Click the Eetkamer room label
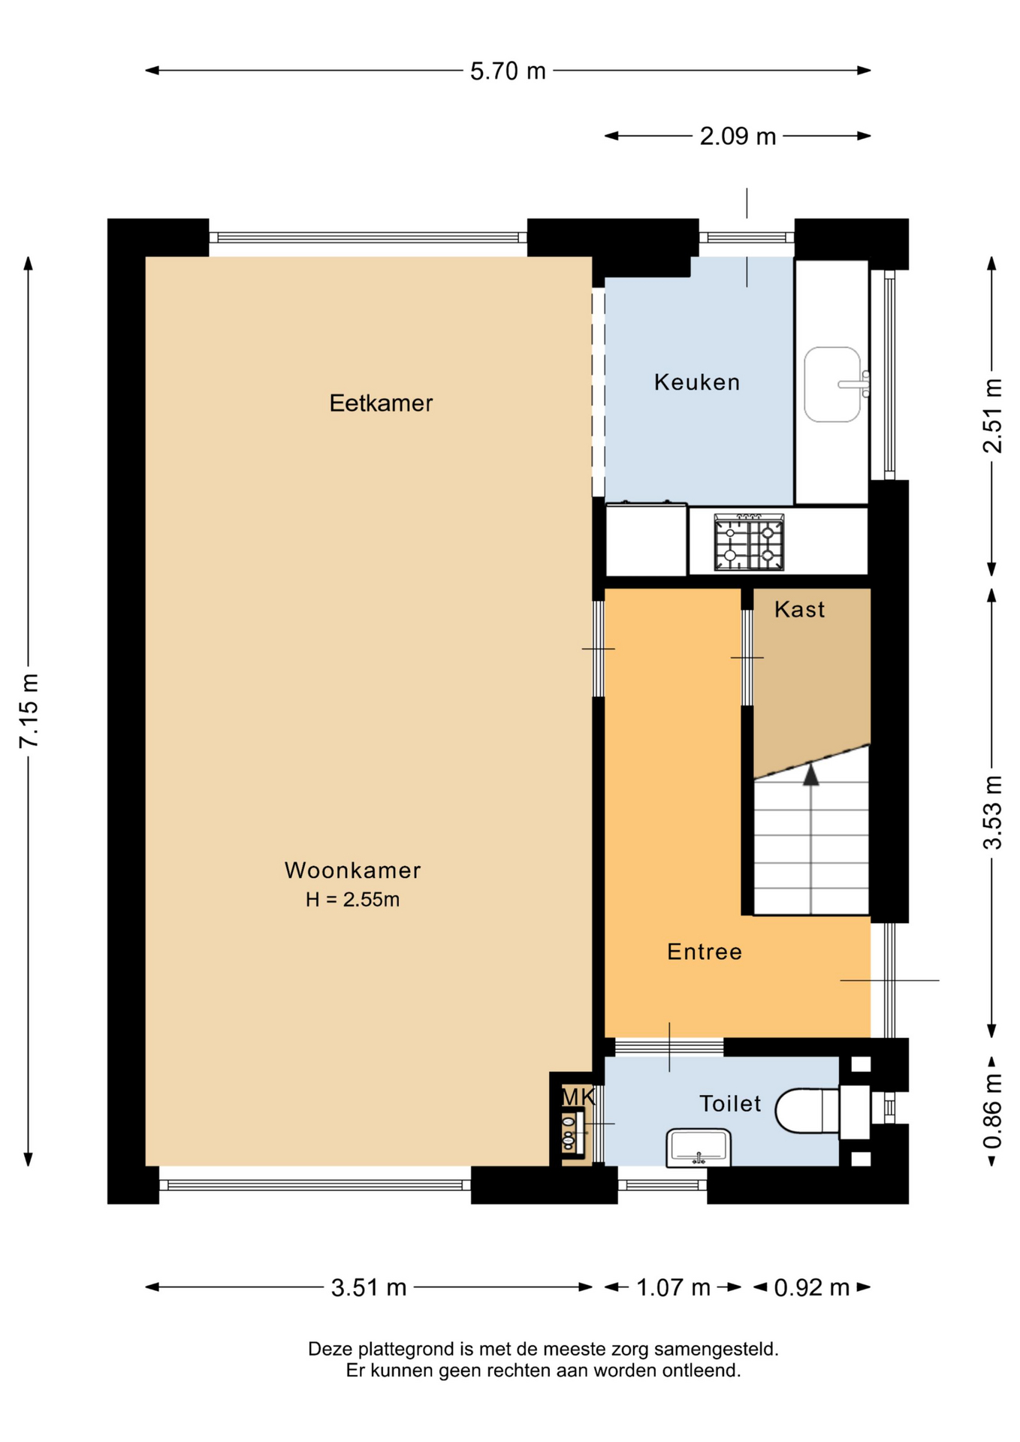(x=381, y=403)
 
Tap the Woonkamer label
(x=352, y=870)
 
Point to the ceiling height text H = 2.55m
(x=352, y=900)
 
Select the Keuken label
(x=697, y=382)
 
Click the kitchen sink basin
(x=832, y=385)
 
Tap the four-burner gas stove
(x=749, y=543)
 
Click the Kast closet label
(x=799, y=609)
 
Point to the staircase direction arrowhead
(x=810, y=774)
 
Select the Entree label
(x=705, y=952)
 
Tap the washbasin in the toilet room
(x=699, y=1148)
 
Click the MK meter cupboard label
(x=578, y=1097)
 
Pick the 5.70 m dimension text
(x=508, y=71)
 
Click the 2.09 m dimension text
(x=738, y=137)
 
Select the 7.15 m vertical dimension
(x=29, y=711)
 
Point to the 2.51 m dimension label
(x=992, y=416)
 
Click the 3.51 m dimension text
(x=369, y=1287)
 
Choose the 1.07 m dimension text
(x=673, y=1287)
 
